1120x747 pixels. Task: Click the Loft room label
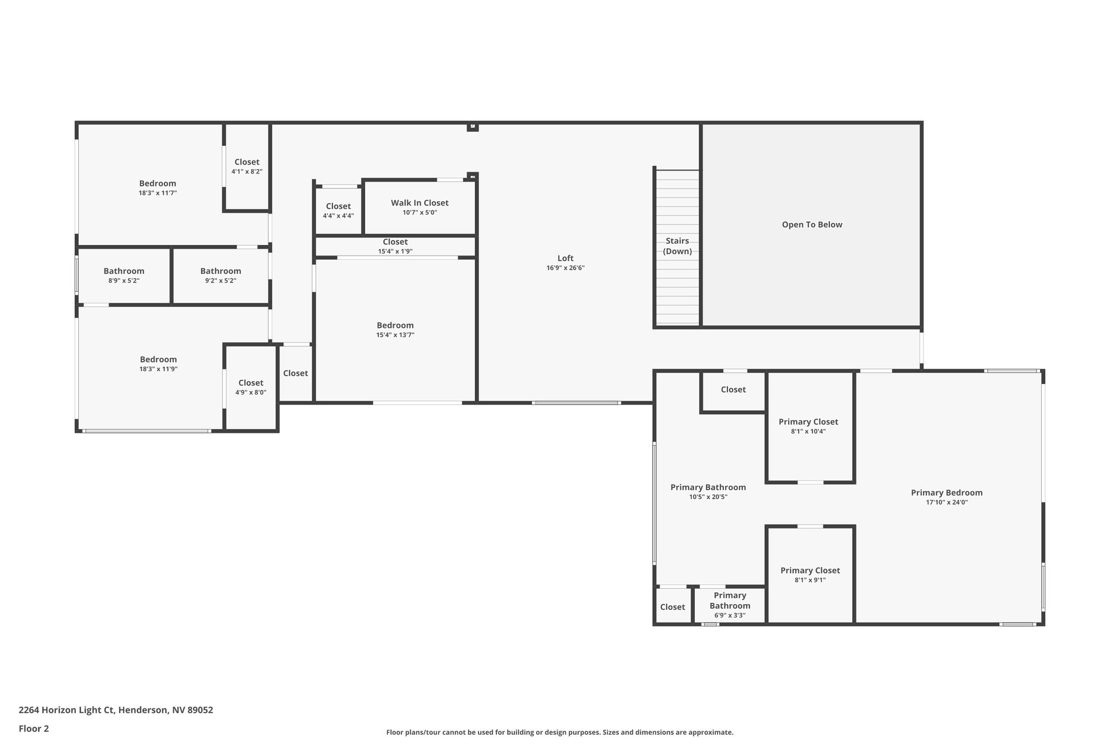[565, 258]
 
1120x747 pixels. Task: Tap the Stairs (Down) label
[677, 246]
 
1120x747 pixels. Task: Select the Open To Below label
[812, 225]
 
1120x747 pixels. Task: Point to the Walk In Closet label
[419, 203]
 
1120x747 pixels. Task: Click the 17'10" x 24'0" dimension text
[947, 502]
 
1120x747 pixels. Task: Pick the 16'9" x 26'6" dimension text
[565, 268]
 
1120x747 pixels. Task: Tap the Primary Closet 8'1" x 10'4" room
[810, 427]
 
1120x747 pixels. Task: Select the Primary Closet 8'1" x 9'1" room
[810, 575]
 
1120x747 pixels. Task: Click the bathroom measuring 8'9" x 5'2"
[124, 275]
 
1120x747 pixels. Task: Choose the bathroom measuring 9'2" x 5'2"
[220, 275]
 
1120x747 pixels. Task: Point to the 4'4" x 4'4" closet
[338, 210]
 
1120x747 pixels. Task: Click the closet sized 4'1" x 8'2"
[247, 166]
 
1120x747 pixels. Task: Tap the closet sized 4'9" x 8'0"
[251, 387]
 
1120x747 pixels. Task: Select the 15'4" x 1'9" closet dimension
[395, 252]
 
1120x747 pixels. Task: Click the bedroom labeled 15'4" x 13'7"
[395, 330]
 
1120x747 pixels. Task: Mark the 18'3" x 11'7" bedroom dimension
[157, 193]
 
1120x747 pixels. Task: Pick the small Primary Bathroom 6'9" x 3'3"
[730, 605]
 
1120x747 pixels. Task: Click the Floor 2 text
[34, 728]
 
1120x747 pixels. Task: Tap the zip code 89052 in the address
[200, 710]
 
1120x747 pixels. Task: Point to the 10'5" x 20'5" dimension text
[708, 497]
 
